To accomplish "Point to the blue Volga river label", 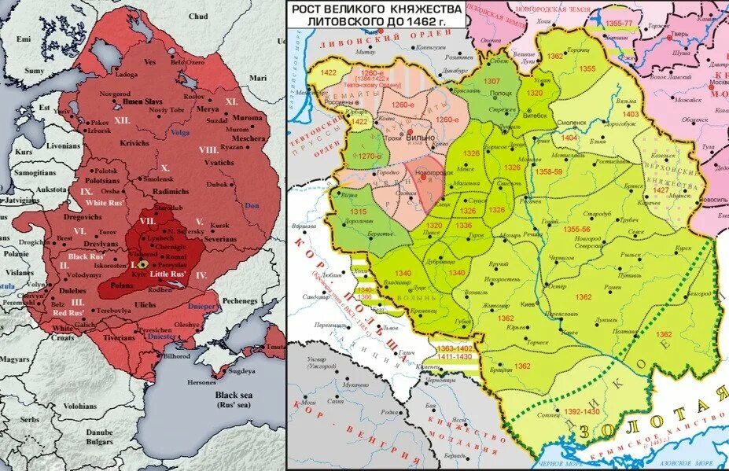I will coord(180,133).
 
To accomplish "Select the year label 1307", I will coord(491,81).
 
